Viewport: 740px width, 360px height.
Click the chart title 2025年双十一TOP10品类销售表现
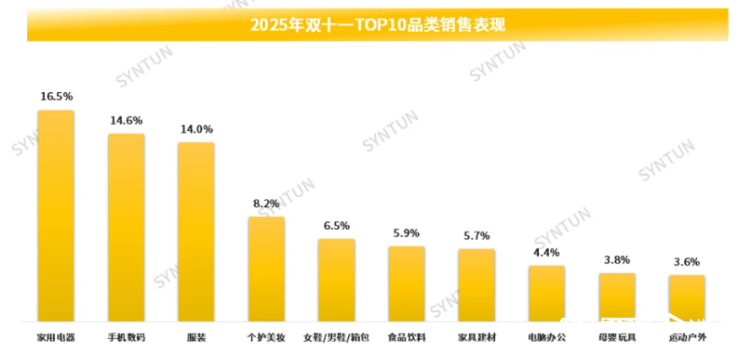pyautogui.click(x=377, y=25)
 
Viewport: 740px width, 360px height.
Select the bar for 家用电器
pyautogui.click(x=56, y=215)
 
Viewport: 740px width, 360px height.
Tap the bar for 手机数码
pyautogui.click(x=126, y=227)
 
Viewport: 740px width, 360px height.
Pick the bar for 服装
pyautogui.click(x=196, y=232)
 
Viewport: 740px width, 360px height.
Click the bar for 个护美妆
pyautogui.click(x=266, y=269)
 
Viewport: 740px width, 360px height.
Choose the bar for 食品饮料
pyautogui.click(x=406, y=283)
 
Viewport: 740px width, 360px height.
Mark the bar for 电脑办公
pyautogui.click(x=547, y=293)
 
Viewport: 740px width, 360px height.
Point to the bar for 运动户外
pyautogui.click(x=686, y=297)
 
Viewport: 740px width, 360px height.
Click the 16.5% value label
pyautogui.click(x=57, y=97)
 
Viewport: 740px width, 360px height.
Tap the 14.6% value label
pyautogui.click(x=126, y=121)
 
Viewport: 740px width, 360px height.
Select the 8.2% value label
pyautogui.click(x=266, y=204)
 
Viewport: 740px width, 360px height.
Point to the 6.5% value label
pyautogui.click(x=336, y=226)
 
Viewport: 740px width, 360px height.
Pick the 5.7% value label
pyautogui.click(x=476, y=236)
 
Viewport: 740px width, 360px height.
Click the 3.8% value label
pyautogui.click(x=617, y=260)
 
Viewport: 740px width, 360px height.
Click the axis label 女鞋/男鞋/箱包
pyautogui.click(x=336, y=338)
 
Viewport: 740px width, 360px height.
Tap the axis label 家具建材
pyautogui.click(x=476, y=338)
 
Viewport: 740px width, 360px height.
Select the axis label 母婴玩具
pyautogui.click(x=617, y=338)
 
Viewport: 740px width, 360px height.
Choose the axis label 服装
pyautogui.click(x=196, y=338)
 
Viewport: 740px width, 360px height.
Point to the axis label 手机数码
pyautogui.click(x=126, y=338)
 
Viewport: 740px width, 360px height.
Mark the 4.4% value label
pyautogui.click(x=547, y=253)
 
